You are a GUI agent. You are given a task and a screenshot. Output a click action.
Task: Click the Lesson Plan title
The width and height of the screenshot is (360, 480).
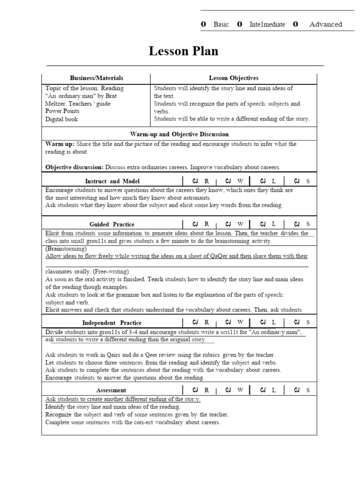[x=183, y=51]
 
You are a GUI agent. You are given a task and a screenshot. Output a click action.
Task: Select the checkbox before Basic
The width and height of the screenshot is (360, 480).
[x=203, y=24]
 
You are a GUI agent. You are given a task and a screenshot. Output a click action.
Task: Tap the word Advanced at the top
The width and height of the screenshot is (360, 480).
[x=325, y=24]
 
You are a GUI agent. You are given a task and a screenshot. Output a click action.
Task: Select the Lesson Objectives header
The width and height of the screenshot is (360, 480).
[x=233, y=78]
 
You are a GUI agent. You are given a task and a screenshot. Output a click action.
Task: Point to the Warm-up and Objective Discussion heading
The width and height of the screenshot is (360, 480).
[x=179, y=134]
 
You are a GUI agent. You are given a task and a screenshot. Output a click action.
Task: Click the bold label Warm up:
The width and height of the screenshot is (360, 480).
[x=60, y=144]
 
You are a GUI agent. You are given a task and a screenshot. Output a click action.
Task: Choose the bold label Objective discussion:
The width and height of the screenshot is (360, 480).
[x=75, y=167]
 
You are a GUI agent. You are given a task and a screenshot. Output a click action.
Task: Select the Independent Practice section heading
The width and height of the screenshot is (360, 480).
[x=112, y=322]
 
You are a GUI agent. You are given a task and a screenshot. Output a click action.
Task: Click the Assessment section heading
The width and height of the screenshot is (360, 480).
[x=111, y=390]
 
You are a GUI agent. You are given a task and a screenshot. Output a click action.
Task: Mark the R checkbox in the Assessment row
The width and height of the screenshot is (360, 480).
[x=195, y=390]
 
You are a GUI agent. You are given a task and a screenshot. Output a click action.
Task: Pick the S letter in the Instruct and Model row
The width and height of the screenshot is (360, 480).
[x=308, y=181]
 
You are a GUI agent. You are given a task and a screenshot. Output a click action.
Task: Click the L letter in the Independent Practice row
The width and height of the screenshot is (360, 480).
[x=274, y=322]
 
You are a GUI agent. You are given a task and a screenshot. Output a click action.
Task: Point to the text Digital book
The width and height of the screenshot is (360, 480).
[x=61, y=119]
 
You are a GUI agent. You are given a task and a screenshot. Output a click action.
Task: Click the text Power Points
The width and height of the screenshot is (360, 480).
[x=62, y=111]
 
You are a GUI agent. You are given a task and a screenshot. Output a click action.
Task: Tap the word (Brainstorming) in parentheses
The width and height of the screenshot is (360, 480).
[x=66, y=248]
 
